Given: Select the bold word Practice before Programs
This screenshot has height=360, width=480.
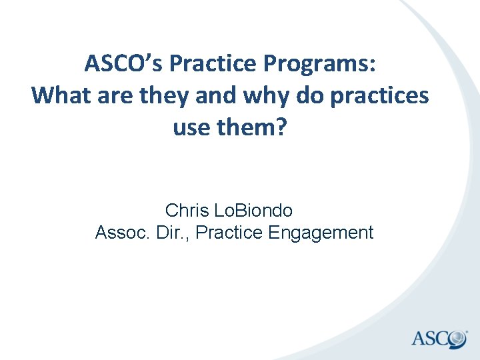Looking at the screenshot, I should pos(221,64).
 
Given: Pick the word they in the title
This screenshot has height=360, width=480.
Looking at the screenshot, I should pos(170,95).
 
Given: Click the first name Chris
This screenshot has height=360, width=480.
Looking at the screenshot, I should pos(187,211).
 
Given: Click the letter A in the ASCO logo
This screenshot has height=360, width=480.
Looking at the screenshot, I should pos(419,339).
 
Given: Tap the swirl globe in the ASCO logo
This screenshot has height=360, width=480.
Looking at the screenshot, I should pos(457,339).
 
